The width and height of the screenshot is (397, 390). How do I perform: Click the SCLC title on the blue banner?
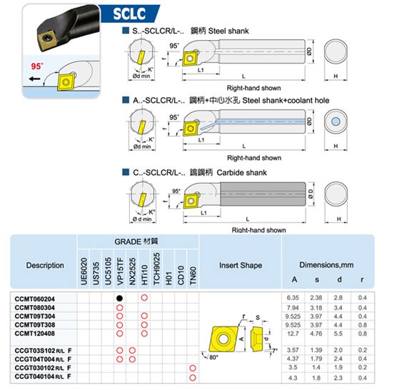pyautogui.click(x=129, y=14)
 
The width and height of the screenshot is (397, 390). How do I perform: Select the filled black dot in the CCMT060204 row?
pyautogui.click(x=119, y=299)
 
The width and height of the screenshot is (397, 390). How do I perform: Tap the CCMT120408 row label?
pyautogui.click(x=35, y=334)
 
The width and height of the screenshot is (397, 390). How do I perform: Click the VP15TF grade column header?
pyautogui.click(x=120, y=271)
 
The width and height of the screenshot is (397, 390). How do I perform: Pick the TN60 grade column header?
pyautogui.click(x=193, y=276)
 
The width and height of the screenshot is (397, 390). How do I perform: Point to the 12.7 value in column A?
pyautogui.click(x=293, y=334)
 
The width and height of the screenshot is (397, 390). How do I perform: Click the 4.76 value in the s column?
pyautogui.click(x=316, y=334)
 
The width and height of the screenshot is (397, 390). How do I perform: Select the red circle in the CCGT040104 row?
pyautogui.click(x=193, y=378)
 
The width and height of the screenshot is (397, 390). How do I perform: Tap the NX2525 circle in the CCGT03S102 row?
pyautogui.click(x=132, y=351)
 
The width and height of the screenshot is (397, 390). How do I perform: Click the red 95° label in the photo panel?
pyautogui.click(x=37, y=66)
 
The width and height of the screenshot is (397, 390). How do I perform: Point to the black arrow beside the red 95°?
pyautogui.click(x=34, y=79)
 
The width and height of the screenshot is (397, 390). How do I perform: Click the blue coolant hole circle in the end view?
pyautogui.click(x=336, y=121)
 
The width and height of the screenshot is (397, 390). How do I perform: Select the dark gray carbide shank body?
pyautogui.click(x=263, y=194)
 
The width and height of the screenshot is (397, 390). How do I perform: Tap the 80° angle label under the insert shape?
pyautogui.click(x=213, y=357)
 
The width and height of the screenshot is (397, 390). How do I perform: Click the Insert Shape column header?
pyautogui.click(x=241, y=265)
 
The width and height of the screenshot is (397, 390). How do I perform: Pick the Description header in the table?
pyautogui.click(x=45, y=266)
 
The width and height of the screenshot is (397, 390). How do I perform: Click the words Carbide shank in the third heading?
pyautogui.click(x=241, y=173)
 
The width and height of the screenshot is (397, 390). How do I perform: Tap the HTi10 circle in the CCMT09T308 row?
pyautogui.click(x=144, y=325)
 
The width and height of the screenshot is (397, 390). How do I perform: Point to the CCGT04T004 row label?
pyautogui.click(x=43, y=359)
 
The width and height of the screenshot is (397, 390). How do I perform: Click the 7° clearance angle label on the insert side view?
pyautogui.click(x=274, y=351)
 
